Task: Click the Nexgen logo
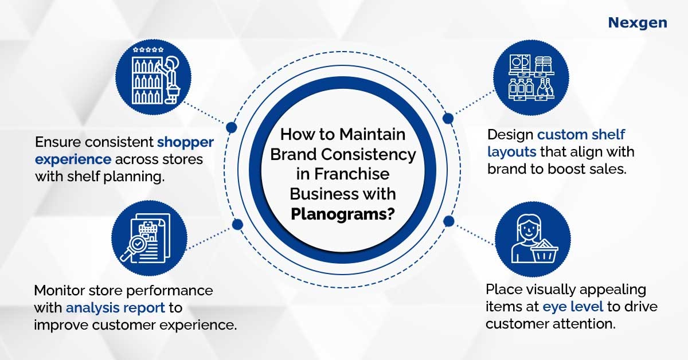point(638,23)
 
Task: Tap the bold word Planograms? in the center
point(342,214)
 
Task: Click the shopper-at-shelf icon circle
point(153,77)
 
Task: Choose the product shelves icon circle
point(531,78)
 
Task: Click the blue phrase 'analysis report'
point(115,308)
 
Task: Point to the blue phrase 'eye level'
point(573,307)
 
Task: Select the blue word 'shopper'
point(186,143)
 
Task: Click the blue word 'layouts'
point(511,152)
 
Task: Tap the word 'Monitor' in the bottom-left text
point(60,291)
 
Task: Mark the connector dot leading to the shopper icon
point(231,127)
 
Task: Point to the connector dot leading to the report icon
point(237,225)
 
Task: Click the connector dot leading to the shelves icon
point(448,118)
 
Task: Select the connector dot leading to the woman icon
point(449,221)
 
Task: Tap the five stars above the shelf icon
point(148,49)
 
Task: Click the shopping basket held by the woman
point(545,252)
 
